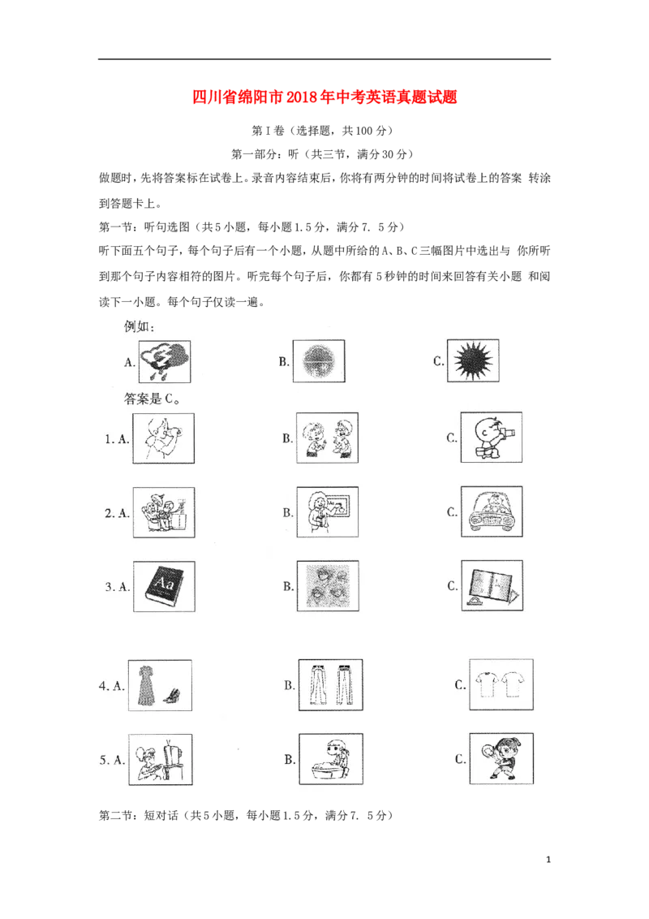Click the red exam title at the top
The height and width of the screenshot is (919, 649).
pyautogui.click(x=324, y=97)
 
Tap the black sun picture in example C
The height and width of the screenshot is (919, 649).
pyautogui.click(x=473, y=360)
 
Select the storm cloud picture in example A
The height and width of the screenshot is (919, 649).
pyautogui.click(x=165, y=361)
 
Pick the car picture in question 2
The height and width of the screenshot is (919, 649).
pyautogui.click(x=492, y=511)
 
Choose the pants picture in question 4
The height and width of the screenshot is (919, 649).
pyautogui.click(x=330, y=685)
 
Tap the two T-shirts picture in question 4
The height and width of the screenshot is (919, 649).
pyautogui.click(x=501, y=684)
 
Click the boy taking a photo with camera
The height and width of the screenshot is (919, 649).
pyautogui.click(x=491, y=438)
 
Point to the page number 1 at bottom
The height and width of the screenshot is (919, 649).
pyautogui.click(x=548, y=860)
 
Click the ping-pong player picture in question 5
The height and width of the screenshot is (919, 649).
pyautogui.click(x=501, y=758)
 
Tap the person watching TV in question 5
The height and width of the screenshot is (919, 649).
pyautogui.click(x=160, y=760)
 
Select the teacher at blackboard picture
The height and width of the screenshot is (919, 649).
pyautogui.click(x=328, y=512)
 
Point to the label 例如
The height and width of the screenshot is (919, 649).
pyautogui.click(x=140, y=326)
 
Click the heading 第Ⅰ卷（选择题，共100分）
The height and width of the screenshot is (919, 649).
pyautogui.click(x=323, y=130)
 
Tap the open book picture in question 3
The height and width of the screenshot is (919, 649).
pyautogui.click(x=492, y=585)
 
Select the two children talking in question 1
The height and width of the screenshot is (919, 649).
pyautogui.click(x=327, y=438)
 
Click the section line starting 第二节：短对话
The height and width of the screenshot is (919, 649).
pyautogui.click(x=246, y=815)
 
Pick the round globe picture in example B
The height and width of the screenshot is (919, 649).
pyautogui.click(x=319, y=361)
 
